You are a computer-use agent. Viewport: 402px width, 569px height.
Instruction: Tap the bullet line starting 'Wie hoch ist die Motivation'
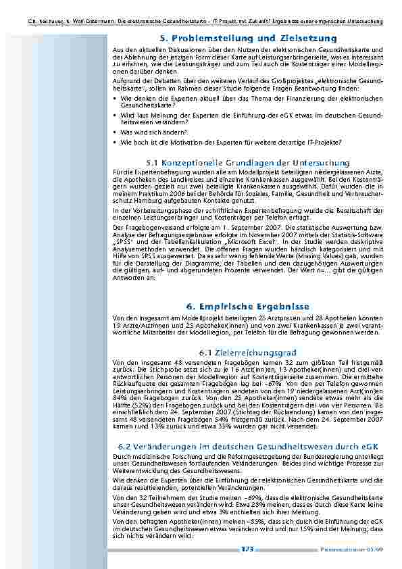pyautogui.click(x=230, y=143)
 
